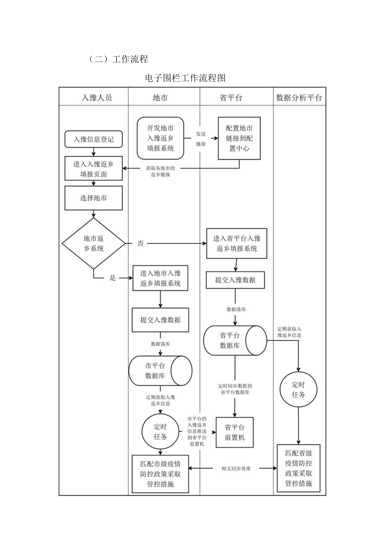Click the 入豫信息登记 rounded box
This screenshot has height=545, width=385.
pos(94,139)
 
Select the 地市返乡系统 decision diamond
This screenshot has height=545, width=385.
pos(93,243)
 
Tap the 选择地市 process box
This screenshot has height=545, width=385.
pos(93,198)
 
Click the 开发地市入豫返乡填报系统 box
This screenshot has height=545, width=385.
pos(160,138)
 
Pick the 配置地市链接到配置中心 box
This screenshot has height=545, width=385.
pos(239,138)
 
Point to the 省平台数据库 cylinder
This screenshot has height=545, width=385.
pos(235,340)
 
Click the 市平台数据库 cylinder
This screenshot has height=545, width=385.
pos(160,371)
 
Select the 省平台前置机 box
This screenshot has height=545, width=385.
pos(234,432)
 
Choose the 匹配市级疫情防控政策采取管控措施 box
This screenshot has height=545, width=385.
pos(160,474)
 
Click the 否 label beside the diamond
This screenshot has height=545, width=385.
pos(141,243)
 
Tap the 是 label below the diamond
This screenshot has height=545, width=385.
pos(112,278)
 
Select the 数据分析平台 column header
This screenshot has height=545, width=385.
pos(299,98)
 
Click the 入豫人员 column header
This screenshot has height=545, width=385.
pos(96,98)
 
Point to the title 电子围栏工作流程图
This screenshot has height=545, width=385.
pos(185,78)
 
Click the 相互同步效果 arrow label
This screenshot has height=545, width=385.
pos(236,469)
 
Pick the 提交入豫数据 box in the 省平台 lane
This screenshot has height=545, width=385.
pos(235,280)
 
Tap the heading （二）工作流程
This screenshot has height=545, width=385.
pos(118,59)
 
